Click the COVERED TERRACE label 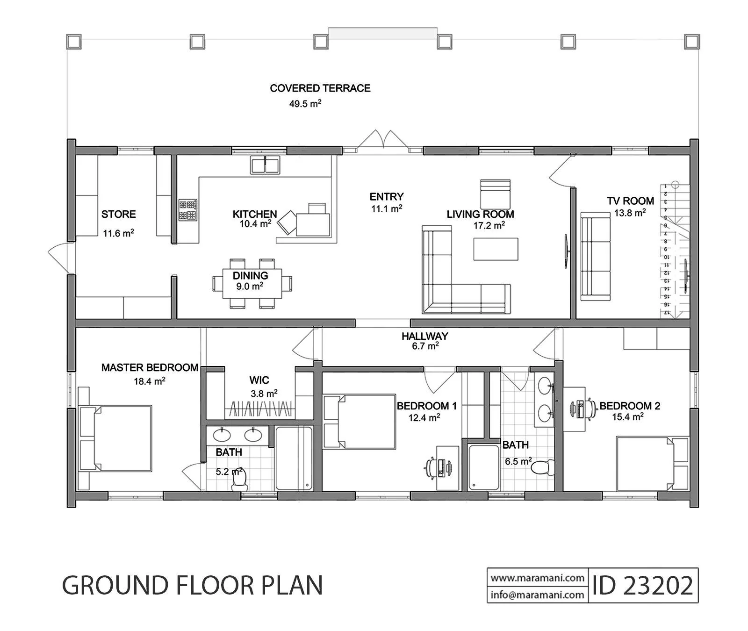pos(320,88)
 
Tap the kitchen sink pos(265,165)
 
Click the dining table pos(252,283)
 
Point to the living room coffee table pos(496,249)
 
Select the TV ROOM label pos(630,201)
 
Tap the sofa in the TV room pos(596,256)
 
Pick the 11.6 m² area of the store pos(119,233)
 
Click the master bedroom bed pos(115,438)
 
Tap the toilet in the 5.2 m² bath pos(239,480)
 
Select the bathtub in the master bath pos(294,458)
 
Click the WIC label pos(259,380)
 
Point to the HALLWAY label pos(424,336)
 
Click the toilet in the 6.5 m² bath pos(543,467)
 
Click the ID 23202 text pos(642,585)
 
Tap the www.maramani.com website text pos(538,578)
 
